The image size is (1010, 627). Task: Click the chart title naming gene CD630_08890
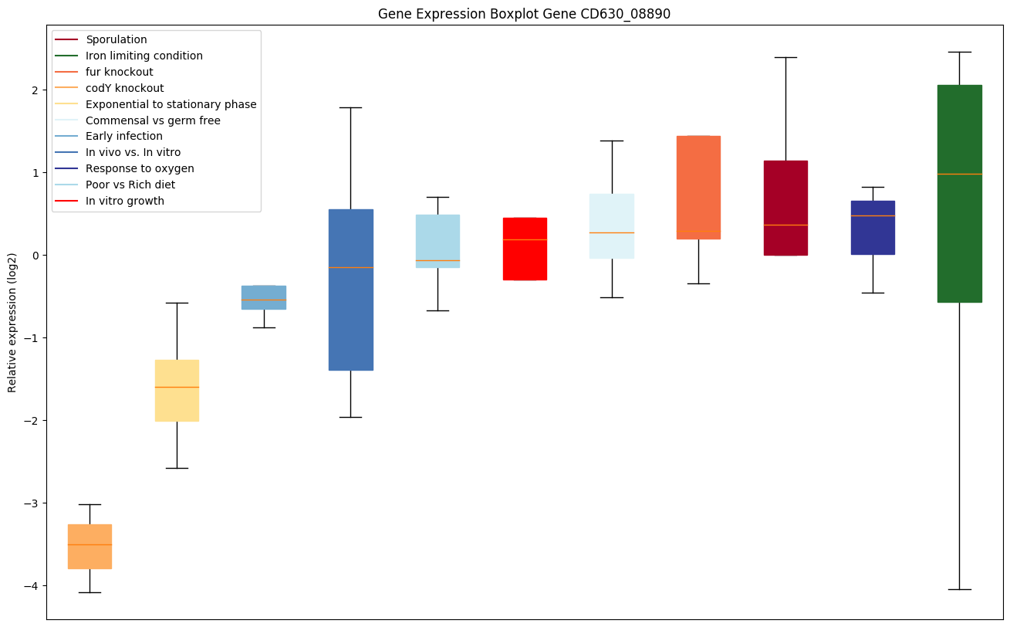(524, 14)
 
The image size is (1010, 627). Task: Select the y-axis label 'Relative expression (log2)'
(12, 322)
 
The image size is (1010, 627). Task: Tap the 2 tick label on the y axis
(35, 90)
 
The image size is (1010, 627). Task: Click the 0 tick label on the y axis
(35, 256)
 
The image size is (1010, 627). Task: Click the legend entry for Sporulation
(117, 39)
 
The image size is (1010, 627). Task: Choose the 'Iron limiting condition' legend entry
(144, 56)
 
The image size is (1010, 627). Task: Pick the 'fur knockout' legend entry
(120, 72)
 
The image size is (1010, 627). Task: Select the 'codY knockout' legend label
(125, 88)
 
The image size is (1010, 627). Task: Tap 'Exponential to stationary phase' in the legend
(171, 104)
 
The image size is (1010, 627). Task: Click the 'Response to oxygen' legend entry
(140, 168)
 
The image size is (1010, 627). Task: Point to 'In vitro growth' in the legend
(126, 201)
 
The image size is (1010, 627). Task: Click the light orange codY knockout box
(90, 547)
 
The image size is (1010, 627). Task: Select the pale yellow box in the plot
(177, 391)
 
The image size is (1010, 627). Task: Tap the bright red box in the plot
(525, 249)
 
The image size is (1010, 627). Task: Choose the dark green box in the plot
(959, 193)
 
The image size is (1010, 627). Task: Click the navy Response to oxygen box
(873, 228)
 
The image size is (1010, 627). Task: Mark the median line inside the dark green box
(959, 174)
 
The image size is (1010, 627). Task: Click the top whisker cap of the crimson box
(785, 57)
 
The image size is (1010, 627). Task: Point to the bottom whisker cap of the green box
(959, 589)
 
